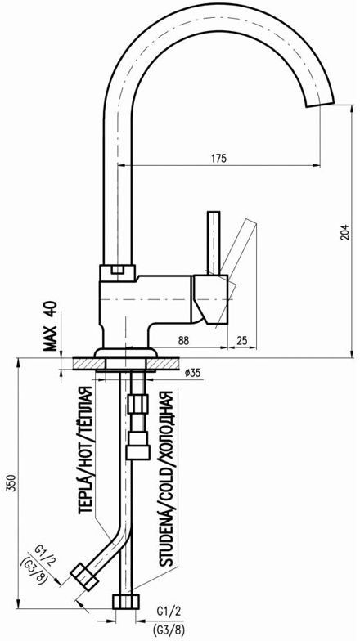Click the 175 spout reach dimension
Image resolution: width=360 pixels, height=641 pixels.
tap(219, 158)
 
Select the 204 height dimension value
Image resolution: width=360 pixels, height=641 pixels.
tap(345, 232)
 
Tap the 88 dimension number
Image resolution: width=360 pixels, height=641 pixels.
tap(183, 340)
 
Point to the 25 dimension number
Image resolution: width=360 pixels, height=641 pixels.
tap(242, 340)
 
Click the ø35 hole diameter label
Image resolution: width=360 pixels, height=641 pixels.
tap(193, 373)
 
